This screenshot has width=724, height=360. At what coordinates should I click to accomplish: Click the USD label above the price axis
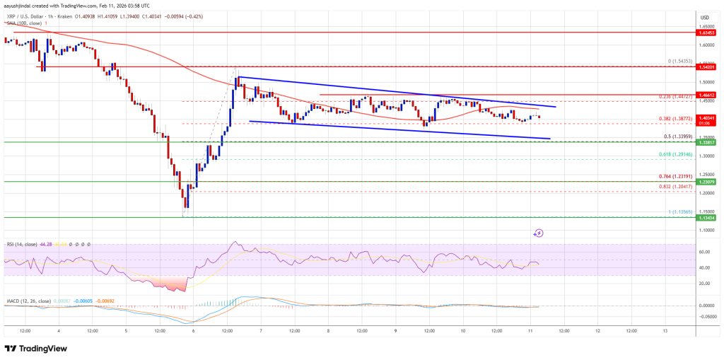(704, 17)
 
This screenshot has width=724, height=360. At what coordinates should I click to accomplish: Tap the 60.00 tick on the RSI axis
(704, 251)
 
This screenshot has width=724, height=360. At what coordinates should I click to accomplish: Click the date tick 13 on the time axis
(665, 331)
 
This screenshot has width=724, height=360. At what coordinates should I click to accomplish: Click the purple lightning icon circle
(539, 232)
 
